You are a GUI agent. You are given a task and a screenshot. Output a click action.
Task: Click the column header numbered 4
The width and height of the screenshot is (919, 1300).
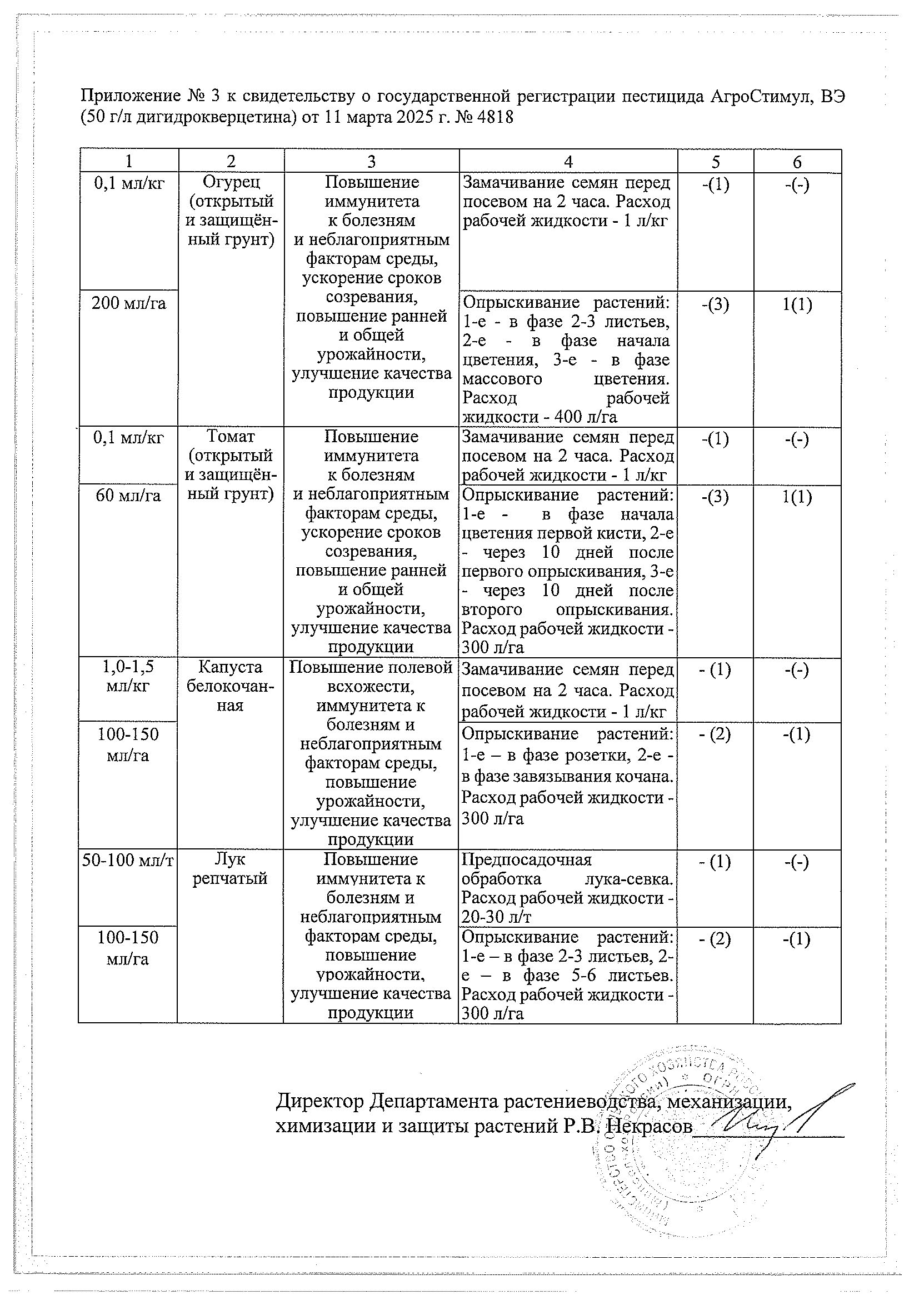(x=568, y=162)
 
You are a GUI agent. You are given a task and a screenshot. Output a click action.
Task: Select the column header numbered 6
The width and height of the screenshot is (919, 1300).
(x=797, y=162)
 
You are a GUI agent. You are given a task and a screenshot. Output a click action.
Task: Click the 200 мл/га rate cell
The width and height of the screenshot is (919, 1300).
(x=128, y=304)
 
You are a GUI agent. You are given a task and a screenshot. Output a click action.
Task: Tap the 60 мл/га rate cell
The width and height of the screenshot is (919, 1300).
(x=128, y=496)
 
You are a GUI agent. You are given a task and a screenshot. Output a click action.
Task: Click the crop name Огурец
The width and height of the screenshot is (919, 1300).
(x=231, y=182)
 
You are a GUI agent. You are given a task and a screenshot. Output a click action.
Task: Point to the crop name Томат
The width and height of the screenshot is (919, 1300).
(x=231, y=437)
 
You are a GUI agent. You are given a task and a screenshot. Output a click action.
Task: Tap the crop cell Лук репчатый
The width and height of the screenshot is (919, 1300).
(x=231, y=869)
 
